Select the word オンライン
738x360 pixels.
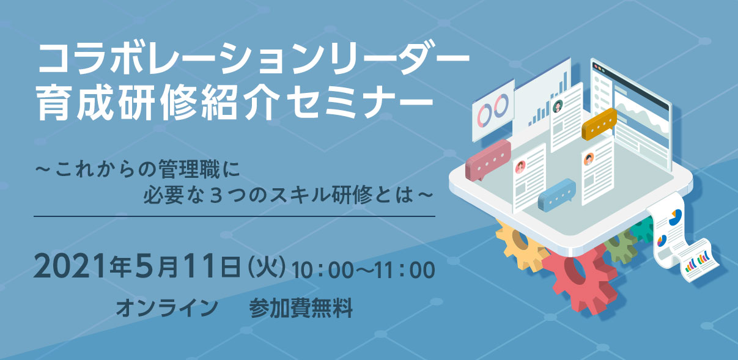167,308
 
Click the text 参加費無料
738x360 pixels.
301,308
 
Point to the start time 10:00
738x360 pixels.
323,270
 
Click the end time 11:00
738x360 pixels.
405,270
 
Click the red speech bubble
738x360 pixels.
487,160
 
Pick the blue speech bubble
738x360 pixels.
557,195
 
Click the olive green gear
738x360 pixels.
621,247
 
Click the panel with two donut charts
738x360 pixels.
493,111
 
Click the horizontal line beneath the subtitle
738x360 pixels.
234,216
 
